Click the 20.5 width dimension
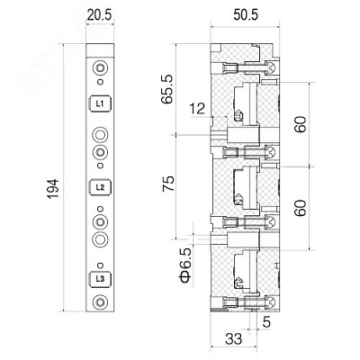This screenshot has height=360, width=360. [x=99, y=15]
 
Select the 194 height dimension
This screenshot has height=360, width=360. [x=53, y=189]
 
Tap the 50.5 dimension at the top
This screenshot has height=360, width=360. [x=246, y=15]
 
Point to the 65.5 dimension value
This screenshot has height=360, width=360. [x=166, y=89]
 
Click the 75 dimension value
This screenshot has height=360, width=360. [x=168, y=184]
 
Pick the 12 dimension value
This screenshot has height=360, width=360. [x=197, y=108]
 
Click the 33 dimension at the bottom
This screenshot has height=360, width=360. [x=233, y=339]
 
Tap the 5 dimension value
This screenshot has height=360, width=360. [x=266, y=322]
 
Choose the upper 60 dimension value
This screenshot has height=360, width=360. [x=301, y=124]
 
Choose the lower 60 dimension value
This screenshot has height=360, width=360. [x=301, y=208]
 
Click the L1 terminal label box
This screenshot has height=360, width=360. [x=100, y=103]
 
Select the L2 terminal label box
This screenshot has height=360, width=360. [x=100, y=187]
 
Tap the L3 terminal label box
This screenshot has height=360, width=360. [x=100, y=279]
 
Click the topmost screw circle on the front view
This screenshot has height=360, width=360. [x=100, y=68]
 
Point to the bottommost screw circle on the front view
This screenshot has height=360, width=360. [x=100, y=301]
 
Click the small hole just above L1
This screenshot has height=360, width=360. [x=101, y=82]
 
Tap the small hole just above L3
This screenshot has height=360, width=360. [x=101, y=265]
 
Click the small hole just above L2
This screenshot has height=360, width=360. [x=101, y=166]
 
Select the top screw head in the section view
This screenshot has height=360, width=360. [x=271, y=67]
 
